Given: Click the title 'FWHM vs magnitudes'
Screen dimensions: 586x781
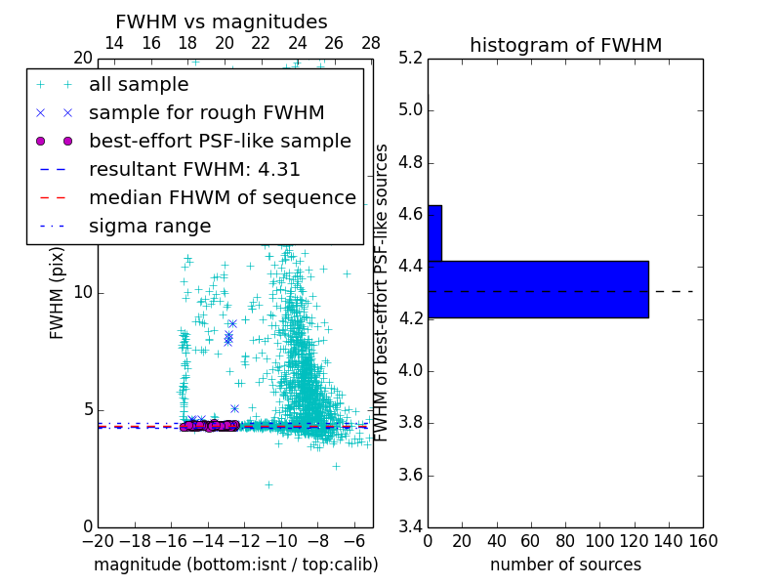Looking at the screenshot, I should tap(222, 22).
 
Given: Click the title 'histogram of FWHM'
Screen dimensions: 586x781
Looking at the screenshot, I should tap(565, 45).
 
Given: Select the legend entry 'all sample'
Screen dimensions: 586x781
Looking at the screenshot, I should tap(139, 85).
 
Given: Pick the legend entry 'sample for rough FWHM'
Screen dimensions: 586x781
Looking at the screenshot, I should tap(206, 112).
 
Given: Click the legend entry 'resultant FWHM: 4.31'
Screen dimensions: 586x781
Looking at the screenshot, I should tap(194, 169).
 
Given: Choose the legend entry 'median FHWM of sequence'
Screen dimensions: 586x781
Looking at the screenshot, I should tap(222, 197).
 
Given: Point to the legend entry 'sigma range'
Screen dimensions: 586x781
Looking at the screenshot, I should tap(149, 226).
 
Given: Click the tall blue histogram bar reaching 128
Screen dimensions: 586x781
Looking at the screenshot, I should tap(538, 289).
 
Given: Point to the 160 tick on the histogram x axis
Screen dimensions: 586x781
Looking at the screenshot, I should tap(703, 541).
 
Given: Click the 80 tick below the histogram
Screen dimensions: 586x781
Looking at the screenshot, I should tap(565, 541).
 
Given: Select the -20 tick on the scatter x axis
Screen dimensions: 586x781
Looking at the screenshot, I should tap(98, 541).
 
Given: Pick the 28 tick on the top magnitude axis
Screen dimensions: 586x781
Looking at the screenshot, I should tap(371, 43).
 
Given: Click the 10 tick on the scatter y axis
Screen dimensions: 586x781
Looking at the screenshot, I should tap(84, 292).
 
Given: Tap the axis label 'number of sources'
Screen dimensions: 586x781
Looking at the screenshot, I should tap(565, 565).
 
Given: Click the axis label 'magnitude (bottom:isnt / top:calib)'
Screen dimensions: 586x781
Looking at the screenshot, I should tap(235, 565).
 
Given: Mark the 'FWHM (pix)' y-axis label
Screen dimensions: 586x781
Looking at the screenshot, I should tap(58, 292).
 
